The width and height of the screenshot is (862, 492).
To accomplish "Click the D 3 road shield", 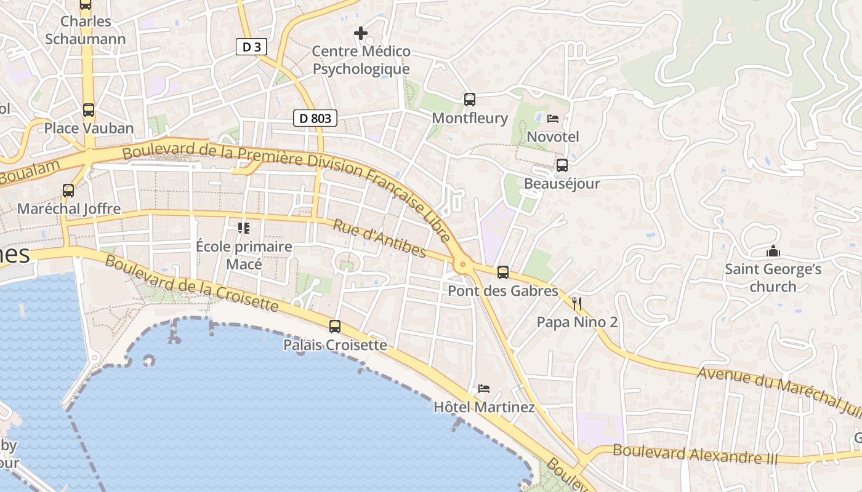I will pyautogui.click(x=251, y=47).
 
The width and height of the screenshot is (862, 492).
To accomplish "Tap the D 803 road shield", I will pyautogui.click(x=315, y=118).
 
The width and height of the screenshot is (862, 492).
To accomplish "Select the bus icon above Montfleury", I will pyautogui.click(x=470, y=99).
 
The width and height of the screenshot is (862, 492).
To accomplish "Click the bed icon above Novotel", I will pyautogui.click(x=553, y=118).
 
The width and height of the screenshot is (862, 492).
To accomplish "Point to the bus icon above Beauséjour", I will pyautogui.click(x=562, y=165).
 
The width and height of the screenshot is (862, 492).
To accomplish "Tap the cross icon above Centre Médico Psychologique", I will pyautogui.click(x=361, y=33).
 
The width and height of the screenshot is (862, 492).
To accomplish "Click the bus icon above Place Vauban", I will pyautogui.click(x=89, y=110).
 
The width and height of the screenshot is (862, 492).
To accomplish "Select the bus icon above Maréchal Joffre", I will pyautogui.click(x=68, y=191).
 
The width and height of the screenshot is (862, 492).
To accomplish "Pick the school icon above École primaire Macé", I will pyautogui.click(x=244, y=228).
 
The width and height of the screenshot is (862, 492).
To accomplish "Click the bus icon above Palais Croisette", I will pyautogui.click(x=335, y=327).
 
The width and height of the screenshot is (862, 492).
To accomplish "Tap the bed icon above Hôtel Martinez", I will pyautogui.click(x=484, y=389).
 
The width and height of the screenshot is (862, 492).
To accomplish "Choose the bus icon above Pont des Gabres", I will pyautogui.click(x=503, y=272).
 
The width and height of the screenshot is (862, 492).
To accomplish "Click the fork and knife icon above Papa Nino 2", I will pyautogui.click(x=577, y=303).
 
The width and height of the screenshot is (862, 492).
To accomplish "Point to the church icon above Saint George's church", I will pyautogui.click(x=773, y=251).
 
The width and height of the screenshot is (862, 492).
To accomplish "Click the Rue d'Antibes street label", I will pyautogui.click(x=379, y=238).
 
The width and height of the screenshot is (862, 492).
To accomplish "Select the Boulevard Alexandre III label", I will pyautogui.click(x=695, y=455).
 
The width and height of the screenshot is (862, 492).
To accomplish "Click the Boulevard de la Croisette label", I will pyautogui.click(x=191, y=283).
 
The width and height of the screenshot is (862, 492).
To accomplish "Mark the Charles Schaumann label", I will pyautogui.click(x=86, y=30).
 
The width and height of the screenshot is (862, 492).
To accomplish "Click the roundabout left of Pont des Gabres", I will pyautogui.click(x=462, y=265).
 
